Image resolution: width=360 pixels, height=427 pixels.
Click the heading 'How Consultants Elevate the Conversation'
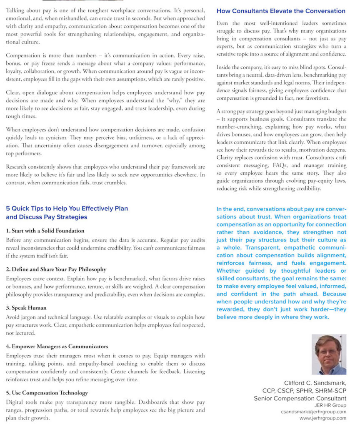[x=281, y=11]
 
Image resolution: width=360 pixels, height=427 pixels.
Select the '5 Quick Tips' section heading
[x=67, y=213]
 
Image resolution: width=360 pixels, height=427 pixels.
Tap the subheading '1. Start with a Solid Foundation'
[x=45, y=231]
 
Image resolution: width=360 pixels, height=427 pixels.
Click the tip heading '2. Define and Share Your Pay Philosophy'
[x=56, y=269]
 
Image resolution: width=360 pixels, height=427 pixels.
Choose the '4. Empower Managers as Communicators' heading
[x=57, y=347]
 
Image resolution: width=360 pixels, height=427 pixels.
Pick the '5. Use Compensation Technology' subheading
[x=47, y=393]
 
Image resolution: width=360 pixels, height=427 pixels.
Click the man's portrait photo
[x=329, y=354]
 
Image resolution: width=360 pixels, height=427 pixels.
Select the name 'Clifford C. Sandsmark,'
[x=315, y=383]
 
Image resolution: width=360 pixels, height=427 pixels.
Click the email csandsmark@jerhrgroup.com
[x=313, y=412]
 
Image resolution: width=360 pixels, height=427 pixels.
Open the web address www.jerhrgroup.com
[x=322, y=418]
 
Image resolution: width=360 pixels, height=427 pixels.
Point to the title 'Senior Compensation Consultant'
[x=300, y=398]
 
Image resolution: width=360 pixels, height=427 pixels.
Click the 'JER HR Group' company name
[x=330, y=405]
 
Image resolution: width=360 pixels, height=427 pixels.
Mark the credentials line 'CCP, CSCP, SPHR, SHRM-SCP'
[x=304, y=391]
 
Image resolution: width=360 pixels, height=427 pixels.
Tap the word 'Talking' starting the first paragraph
[x=16, y=10]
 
